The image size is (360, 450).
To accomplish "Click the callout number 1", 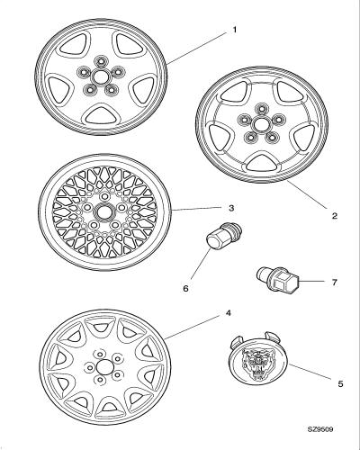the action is click(x=234, y=30).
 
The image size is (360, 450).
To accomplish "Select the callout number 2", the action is click(x=335, y=216).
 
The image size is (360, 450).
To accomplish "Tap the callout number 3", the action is click(x=231, y=208).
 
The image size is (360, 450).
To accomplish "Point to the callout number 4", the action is click(x=228, y=313).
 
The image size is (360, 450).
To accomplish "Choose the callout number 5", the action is click(x=340, y=383).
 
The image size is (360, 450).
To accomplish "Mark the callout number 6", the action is click(x=185, y=289).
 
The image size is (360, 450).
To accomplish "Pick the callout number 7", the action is click(x=334, y=283).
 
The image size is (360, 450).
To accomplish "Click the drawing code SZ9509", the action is click(x=320, y=429).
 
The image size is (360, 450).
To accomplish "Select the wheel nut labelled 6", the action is click(x=223, y=237).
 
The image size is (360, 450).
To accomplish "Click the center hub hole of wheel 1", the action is click(x=100, y=77).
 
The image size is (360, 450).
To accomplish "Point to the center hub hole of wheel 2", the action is click(x=261, y=124).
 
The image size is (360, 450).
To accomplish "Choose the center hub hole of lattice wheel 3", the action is click(x=104, y=211).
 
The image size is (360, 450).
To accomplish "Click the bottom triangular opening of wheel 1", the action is click(x=100, y=115).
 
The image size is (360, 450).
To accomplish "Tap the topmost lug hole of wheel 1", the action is click(x=100, y=61).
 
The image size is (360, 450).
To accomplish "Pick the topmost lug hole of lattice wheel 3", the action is click(x=104, y=196).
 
